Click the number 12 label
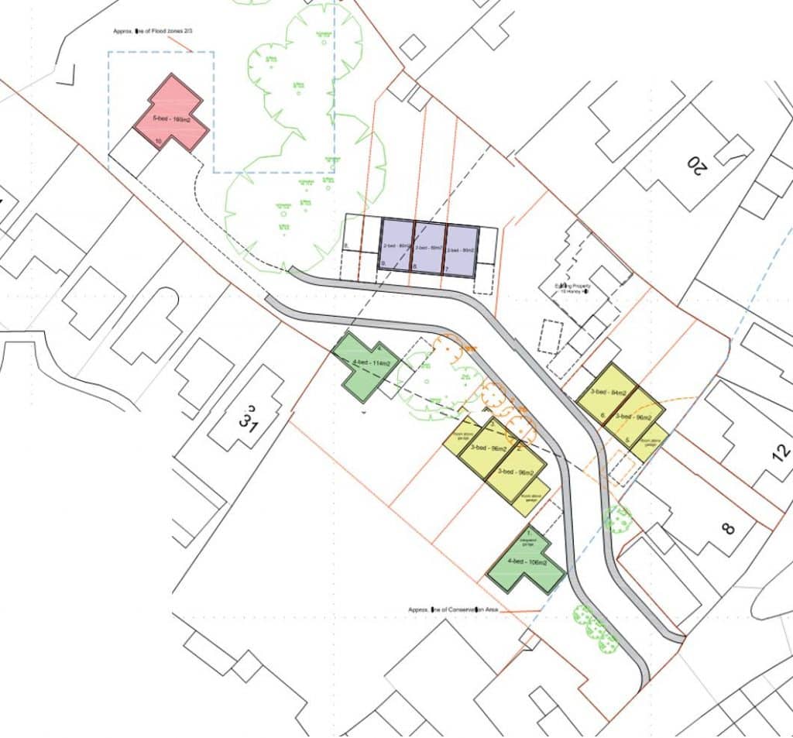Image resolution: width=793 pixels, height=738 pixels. click(781, 451)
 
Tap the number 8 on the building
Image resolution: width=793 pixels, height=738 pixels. click(727, 530)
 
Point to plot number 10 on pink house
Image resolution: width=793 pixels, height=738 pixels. click(158, 142)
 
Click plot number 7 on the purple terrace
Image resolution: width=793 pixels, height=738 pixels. click(447, 268)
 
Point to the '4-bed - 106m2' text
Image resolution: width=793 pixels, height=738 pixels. click(527, 562)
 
